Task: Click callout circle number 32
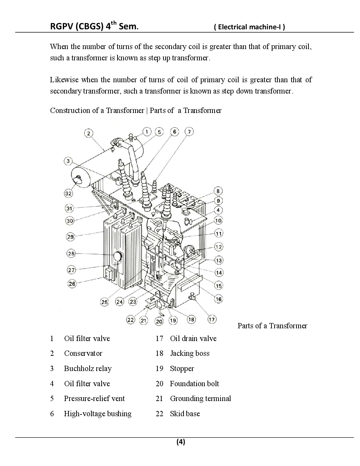point(68,193)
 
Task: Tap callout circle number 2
point(89,133)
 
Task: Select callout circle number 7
point(189,132)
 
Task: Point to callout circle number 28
point(71,253)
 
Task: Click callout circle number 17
point(212,319)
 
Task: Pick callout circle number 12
point(219,247)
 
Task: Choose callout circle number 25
point(104,302)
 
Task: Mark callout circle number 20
point(159,321)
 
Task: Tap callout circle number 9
point(218,201)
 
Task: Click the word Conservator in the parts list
point(83,353)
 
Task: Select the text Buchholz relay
point(88,369)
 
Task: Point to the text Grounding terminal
point(200,399)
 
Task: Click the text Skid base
point(185,414)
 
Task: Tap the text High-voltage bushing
point(97,414)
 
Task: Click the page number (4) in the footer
point(181,442)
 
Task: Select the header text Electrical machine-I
point(250,27)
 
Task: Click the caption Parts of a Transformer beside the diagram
point(272,326)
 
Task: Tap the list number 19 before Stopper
point(160,369)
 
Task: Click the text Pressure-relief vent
point(94,399)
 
